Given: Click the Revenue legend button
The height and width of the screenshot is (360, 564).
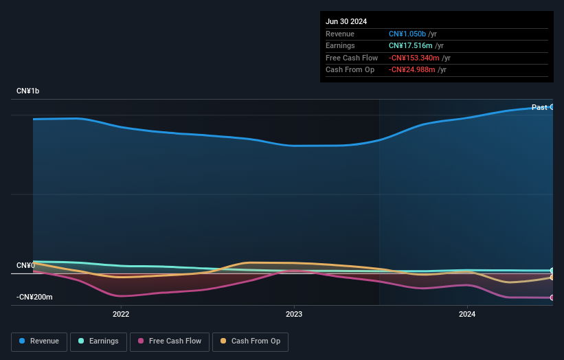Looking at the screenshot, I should coord(39,341).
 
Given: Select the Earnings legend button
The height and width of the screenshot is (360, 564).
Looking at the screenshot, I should coord(98,341).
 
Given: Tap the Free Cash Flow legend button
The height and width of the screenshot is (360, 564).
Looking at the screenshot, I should coord(170,341).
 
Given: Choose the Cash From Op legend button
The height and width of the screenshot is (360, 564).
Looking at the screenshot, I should coord(250,341).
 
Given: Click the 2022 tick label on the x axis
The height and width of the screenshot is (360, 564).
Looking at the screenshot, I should coord(121,315).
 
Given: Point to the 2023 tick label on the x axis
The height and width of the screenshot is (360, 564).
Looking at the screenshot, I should coord(294,315).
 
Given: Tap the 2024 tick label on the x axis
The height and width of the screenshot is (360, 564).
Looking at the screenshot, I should coord(467,315).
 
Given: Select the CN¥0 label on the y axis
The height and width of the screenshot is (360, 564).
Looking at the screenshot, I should coord(25,265).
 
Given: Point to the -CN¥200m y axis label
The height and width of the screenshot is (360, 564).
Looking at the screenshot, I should coord(34,297).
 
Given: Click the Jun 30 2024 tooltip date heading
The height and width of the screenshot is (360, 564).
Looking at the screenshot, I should coord(346,21).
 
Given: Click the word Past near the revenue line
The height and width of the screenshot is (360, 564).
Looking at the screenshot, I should coord(539,107).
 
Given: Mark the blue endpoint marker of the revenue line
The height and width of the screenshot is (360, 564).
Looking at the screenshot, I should coord(552,107).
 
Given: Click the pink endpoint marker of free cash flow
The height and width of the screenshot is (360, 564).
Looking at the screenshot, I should coord(552,297).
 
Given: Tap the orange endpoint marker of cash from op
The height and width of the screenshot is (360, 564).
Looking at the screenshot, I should coord(552,278).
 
